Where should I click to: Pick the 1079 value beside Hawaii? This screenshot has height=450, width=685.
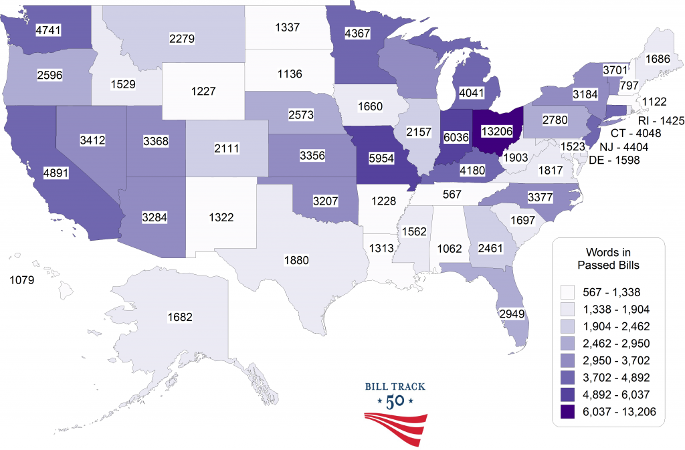tap(25, 279)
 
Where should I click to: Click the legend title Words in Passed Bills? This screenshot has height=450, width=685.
tap(607, 258)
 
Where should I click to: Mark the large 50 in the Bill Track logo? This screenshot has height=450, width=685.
tap(395, 403)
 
